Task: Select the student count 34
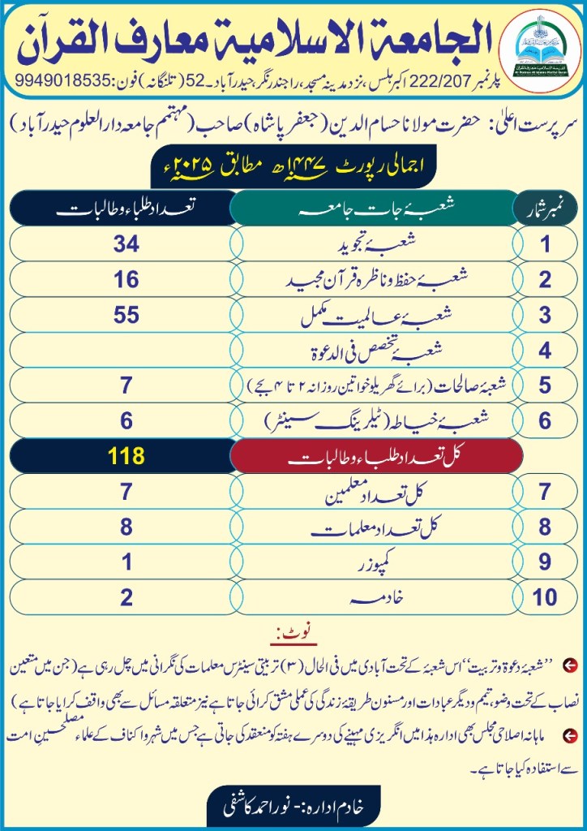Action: point(127,244)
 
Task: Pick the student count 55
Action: point(127,316)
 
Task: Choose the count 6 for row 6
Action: point(127,420)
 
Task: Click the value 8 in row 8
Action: point(127,527)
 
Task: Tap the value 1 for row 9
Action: point(127,562)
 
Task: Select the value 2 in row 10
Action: point(127,598)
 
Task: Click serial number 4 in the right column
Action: point(546,351)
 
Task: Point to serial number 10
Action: point(546,598)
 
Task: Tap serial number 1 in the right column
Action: point(546,244)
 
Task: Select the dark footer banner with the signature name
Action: point(293,808)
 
